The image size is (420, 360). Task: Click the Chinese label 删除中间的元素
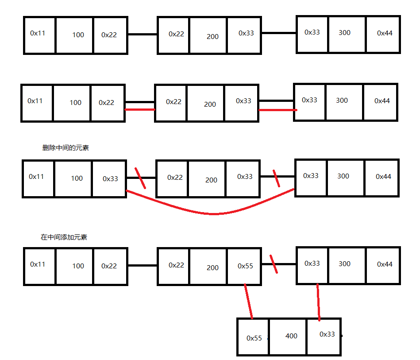(x=66, y=148)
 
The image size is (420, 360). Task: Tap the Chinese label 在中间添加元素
(x=64, y=237)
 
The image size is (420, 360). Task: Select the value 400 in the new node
(x=291, y=336)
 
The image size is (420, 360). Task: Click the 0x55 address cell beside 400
(x=254, y=338)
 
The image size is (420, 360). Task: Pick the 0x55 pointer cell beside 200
(x=245, y=266)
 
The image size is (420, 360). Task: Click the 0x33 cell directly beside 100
(x=110, y=178)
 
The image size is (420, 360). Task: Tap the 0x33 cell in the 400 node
(x=327, y=334)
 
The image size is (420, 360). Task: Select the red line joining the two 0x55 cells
(x=248, y=302)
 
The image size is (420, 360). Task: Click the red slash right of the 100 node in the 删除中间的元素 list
(x=140, y=177)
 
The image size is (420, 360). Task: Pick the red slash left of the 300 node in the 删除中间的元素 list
(x=277, y=178)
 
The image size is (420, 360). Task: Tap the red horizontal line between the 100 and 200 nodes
(x=140, y=109)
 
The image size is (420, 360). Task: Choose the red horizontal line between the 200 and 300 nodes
(x=277, y=110)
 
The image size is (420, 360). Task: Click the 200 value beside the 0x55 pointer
(x=212, y=267)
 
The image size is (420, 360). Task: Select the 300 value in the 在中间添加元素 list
(x=344, y=264)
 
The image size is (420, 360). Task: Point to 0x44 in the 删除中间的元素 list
(x=383, y=176)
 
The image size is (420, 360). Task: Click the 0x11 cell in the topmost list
(x=38, y=33)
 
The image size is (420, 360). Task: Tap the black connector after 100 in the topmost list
(x=143, y=34)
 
